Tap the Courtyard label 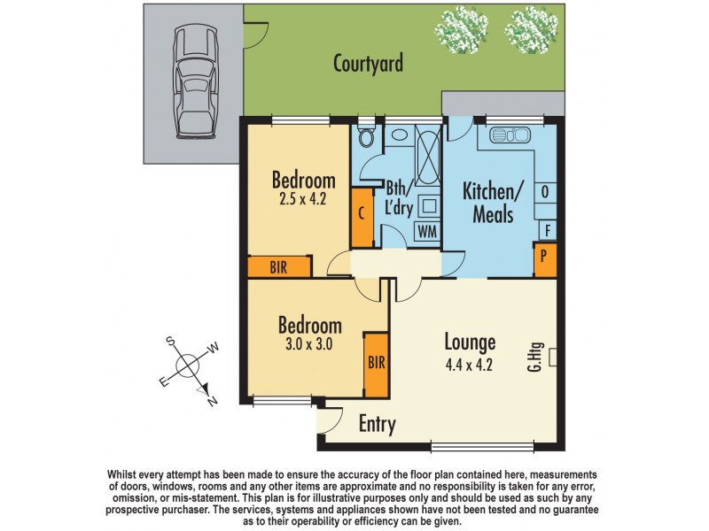coord(368,64)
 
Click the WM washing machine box coord(427,232)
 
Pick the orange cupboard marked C coord(362,217)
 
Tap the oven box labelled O coord(545,190)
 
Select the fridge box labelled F coord(548,231)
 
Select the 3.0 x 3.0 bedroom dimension coord(304,345)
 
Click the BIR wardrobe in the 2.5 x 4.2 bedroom coord(279,267)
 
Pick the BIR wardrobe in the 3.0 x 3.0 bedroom coord(377,364)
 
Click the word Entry coord(377,425)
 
